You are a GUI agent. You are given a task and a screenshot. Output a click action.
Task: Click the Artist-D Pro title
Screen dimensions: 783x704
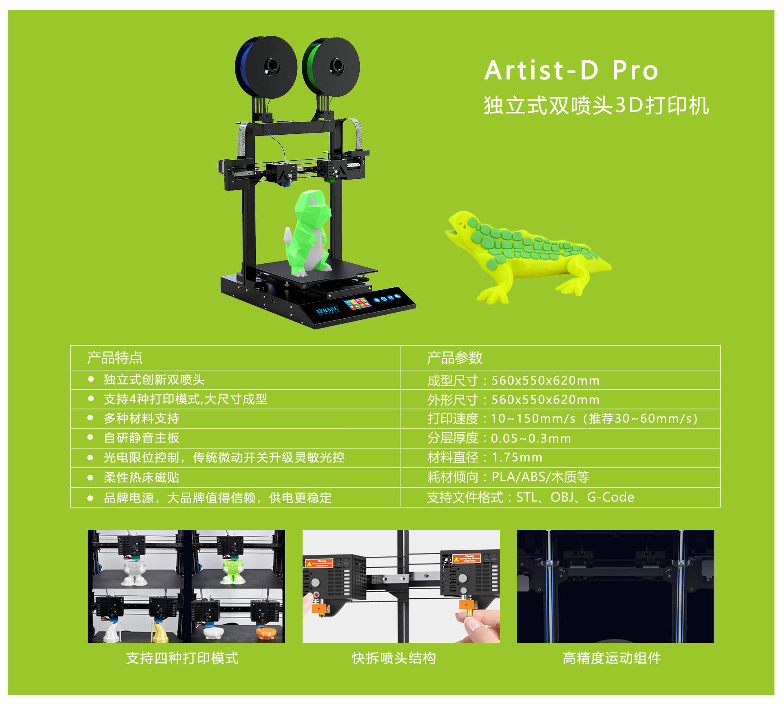click(571, 70)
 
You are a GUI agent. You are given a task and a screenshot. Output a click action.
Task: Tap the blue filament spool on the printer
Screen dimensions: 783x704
click(265, 67)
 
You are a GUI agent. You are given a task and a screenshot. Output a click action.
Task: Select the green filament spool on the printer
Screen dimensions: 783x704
click(331, 67)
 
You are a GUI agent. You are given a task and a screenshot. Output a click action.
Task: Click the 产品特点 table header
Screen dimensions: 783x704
click(115, 358)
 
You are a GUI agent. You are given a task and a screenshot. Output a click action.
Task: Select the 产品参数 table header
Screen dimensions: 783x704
click(455, 358)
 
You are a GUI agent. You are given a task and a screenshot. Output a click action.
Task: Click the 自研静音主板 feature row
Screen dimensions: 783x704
click(142, 438)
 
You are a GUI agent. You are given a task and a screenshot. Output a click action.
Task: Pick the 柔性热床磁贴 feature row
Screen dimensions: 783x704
click(142, 477)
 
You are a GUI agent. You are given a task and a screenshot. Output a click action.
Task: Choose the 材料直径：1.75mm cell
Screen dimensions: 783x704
click(485, 457)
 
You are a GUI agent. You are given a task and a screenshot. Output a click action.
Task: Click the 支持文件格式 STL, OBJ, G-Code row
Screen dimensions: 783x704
click(531, 497)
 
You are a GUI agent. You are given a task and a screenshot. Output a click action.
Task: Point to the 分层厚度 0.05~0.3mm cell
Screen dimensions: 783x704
click(499, 438)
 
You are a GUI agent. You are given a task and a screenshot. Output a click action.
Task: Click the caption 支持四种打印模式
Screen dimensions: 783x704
click(182, 658)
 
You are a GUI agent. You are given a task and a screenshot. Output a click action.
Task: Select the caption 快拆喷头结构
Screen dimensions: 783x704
click(394, 658)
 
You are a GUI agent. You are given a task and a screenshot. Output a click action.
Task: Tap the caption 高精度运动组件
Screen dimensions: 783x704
click(612, 658)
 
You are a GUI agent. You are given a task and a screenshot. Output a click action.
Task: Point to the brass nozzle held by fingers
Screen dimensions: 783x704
click(467, 612)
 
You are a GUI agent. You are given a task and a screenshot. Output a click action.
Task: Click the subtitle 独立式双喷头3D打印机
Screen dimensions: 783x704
click(596, 105)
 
